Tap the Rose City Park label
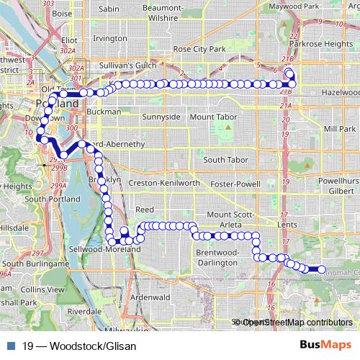coord(200,49)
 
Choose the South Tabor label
coord(225,160)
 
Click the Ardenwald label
coord(150,297)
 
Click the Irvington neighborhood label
coord(110,37)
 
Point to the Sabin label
coord(108,9)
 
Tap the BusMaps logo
coord(326,345)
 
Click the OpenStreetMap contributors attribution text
coord(296,322)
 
